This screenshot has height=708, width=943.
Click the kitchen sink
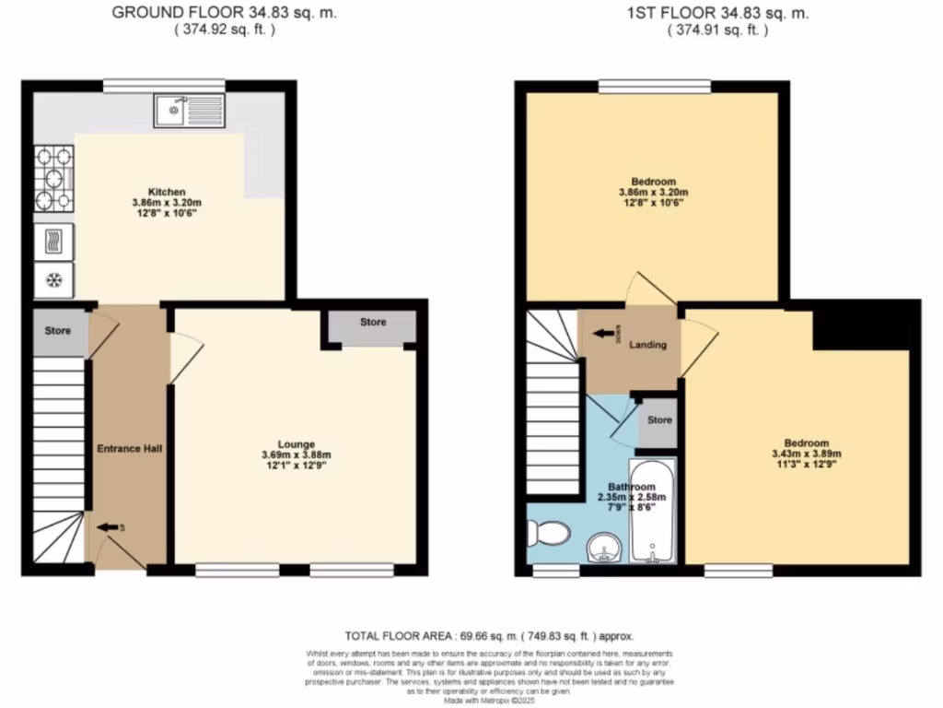coord(190,111)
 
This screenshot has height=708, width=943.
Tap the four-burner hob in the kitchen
coord(54,178)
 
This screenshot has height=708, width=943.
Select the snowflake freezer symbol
coord(54,280)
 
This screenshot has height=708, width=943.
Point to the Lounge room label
coord(296,443)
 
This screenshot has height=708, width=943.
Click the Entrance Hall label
coord(130,448)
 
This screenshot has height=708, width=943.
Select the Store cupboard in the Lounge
coord(373,323)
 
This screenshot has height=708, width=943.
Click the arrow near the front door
coord(110,526)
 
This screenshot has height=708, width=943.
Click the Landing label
coord(647,345)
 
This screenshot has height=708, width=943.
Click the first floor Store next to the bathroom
coord(659,420)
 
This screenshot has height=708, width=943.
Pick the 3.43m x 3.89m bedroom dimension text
coord(806,454)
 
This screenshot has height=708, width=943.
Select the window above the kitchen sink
coord(164,86)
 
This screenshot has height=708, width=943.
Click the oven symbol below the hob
coord(54,242)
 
